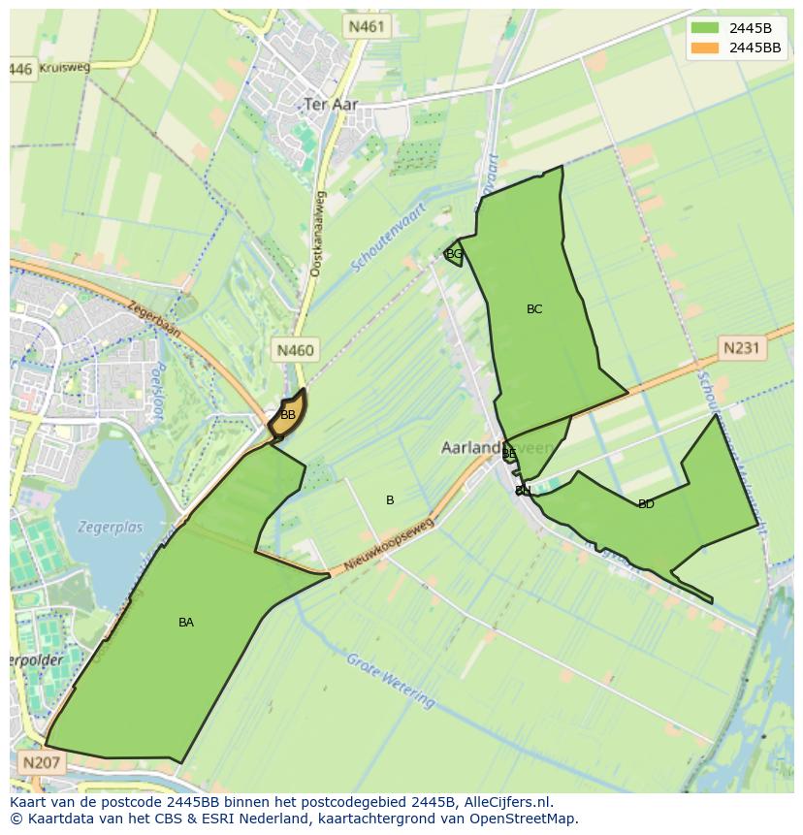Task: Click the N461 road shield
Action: pos(367,27)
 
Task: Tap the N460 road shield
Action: pos(295,350)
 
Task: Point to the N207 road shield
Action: pos(40,762)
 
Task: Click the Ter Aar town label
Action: pos(331,104)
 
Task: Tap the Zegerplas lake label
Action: pos(112,528)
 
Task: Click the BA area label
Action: pos(186,623)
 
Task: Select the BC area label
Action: pos(534,309)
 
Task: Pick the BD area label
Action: pos(646,504)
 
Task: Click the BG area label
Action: pos(454,254)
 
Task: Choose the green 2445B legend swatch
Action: pos(705,28)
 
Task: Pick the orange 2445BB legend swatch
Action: pos(705,48)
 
